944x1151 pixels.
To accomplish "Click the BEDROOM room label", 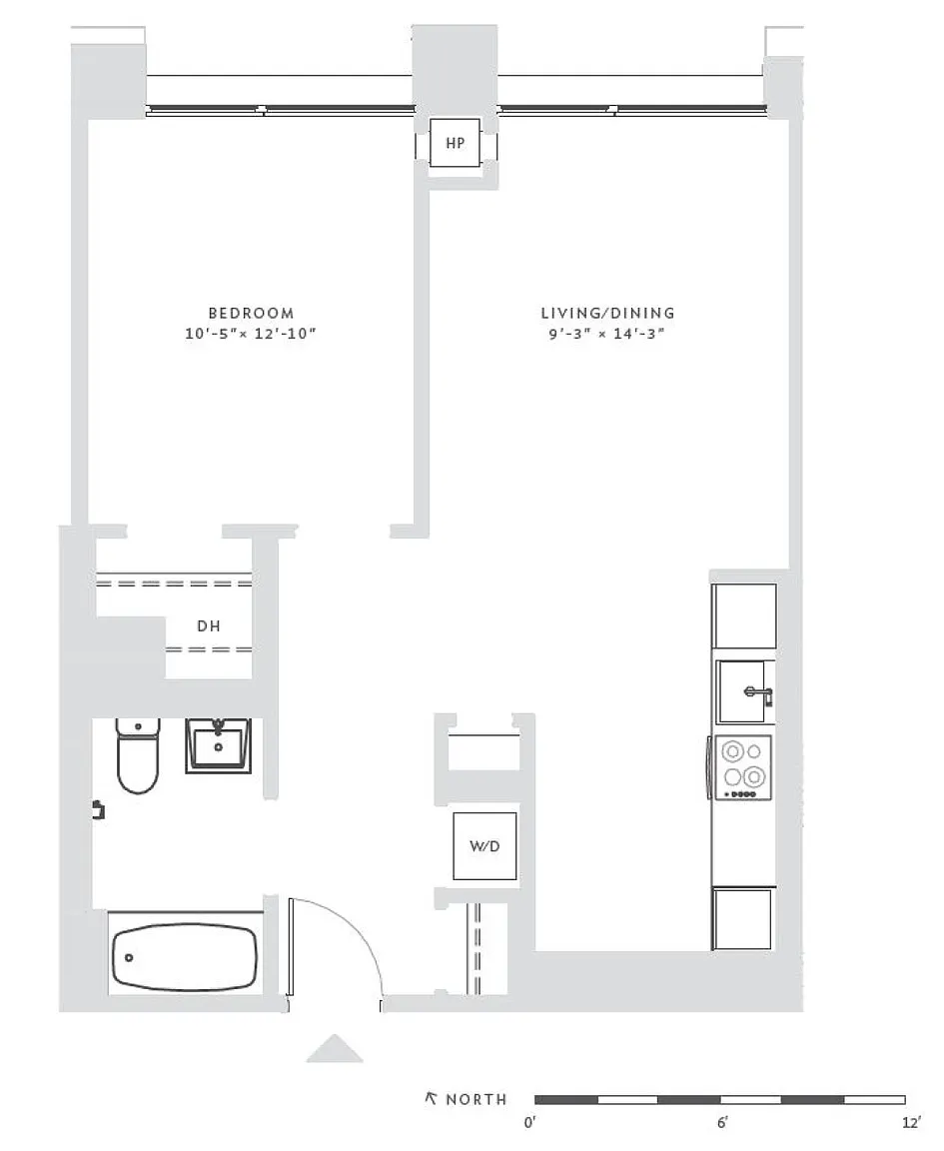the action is point(251,313).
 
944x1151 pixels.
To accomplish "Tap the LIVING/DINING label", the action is point(607,313).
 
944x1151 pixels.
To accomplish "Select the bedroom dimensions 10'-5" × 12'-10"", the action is point(251,334).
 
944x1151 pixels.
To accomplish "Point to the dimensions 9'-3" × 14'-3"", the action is point(606,334).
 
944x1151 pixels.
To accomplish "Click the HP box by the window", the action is point(456,143).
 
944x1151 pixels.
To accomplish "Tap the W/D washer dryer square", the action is point(484,845).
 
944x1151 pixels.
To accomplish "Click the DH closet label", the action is point(209,626).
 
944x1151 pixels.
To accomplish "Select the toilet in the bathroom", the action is point(137,755).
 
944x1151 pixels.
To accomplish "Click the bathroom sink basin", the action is point(218,745).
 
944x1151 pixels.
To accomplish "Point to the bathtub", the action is point(185,958).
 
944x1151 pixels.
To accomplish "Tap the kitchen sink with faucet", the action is point(744,691).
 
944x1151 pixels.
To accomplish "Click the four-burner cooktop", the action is point(743,767).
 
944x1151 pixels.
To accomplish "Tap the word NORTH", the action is point(476,1100).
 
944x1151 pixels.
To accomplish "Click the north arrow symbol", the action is point(431,1098).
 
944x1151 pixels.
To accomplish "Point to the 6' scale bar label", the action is point(723,1122).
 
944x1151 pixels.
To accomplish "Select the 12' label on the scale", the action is point(911,1122).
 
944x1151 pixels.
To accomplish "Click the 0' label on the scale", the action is point(530,1122).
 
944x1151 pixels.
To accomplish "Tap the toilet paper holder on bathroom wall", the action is point(98,809).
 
